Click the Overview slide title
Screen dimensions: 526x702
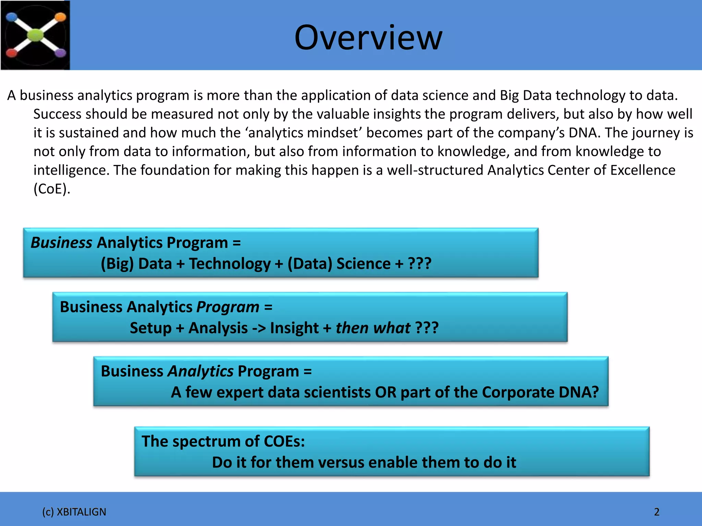[368, 38]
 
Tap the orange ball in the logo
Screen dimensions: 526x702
[60, 17]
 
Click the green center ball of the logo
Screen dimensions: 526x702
[35, 35]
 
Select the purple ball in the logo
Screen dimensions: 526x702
[60, 53]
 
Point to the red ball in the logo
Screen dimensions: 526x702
[11, 53]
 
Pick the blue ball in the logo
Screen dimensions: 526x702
[12, 17]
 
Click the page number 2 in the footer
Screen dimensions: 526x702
[656, 512]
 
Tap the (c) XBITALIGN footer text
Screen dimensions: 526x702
[74, 512]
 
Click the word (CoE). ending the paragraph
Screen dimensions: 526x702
[52, 189]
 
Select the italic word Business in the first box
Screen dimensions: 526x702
[61, 242]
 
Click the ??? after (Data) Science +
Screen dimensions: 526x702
[420, 264]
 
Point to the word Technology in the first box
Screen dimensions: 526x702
[230, 264]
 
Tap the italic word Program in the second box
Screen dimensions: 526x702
[228, 307]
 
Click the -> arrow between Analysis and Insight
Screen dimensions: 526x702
[259, 328]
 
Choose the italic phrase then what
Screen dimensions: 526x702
[373, 328]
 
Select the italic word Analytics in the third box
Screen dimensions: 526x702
[201, 371]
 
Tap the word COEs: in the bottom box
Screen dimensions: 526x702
[284, 441]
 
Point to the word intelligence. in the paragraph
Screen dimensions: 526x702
[71, 170]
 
